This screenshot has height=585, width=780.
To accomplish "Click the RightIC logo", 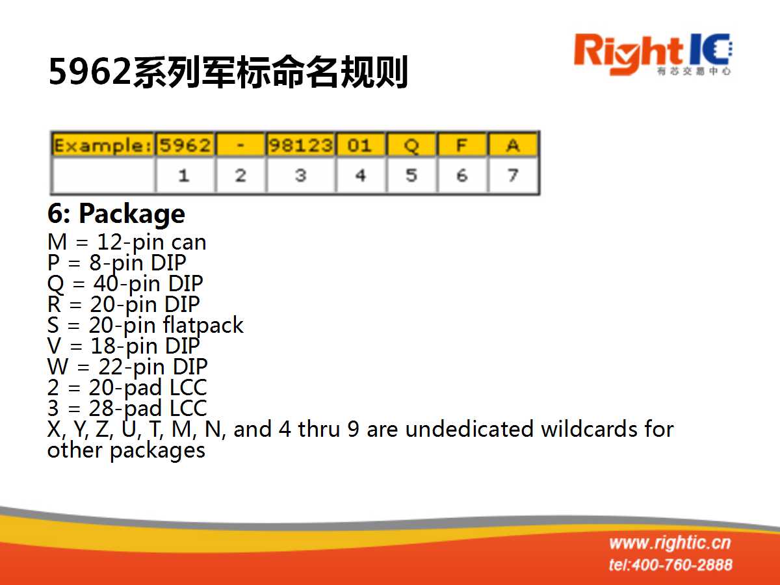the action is click(653, 55).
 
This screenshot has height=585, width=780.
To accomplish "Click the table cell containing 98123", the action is click(301, 145).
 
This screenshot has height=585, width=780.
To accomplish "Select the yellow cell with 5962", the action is click(185, 145).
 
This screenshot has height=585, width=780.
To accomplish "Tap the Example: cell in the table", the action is click(103, 145).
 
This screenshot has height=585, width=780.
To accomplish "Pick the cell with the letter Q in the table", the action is click(411, 145).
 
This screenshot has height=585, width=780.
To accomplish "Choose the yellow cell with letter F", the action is click(461, 145).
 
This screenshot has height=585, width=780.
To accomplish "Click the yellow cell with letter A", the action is click(513, 145).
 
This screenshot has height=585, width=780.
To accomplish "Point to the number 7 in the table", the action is click(513, 175).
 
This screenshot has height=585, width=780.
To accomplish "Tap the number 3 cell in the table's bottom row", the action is click(301, 175).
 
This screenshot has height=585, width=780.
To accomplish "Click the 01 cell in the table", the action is click(361, 145).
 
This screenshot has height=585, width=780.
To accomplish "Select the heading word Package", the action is click(132, 214).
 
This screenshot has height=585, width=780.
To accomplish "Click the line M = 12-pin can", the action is click(127, 242).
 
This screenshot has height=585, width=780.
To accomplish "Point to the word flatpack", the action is click(203, 326).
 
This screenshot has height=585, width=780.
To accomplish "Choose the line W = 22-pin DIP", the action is click(127, 367).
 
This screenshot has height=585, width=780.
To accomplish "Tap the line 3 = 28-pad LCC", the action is click(127, 408).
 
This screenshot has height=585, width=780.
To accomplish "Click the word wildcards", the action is click(589, 429).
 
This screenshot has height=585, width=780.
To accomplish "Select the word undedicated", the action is click(469, 429).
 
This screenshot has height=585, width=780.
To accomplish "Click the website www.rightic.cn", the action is click(670, 543).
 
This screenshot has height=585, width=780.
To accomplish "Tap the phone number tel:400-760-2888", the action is click(671, 565).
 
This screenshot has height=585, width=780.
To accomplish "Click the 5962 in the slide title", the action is click(90, 71).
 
